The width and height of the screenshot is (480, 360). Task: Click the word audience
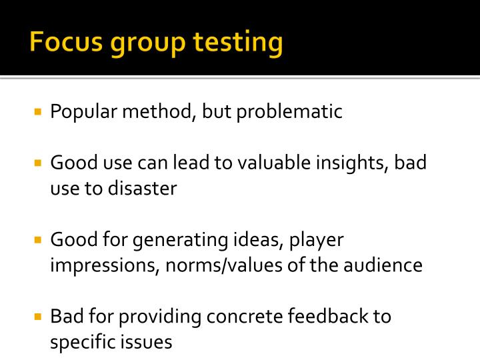tap(383, 265)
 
